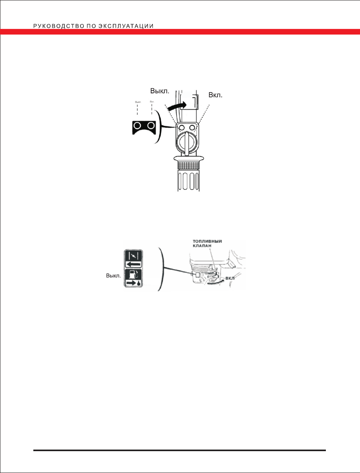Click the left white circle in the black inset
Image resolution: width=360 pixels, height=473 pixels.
click(x=137, y=126)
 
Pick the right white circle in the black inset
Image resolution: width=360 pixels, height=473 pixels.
click(x=150, y=126)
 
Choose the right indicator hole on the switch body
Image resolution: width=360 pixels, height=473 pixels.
click(x=193, y=127)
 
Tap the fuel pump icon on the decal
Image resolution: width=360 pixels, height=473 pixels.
click(x=133, y=274)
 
